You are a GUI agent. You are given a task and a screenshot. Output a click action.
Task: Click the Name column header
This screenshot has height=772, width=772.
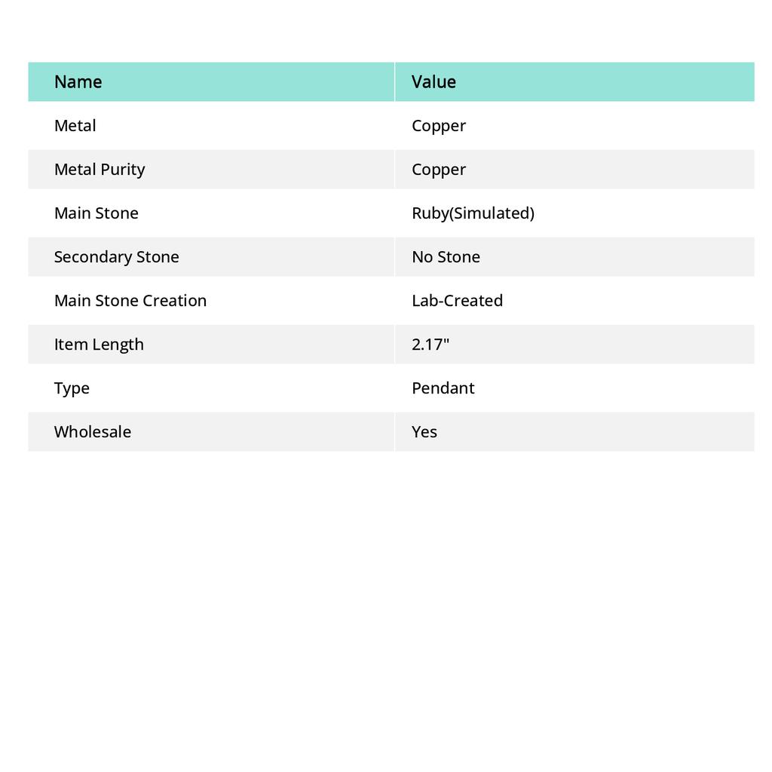click(78, 82)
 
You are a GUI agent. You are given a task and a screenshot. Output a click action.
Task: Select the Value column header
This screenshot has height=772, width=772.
click(433, 82)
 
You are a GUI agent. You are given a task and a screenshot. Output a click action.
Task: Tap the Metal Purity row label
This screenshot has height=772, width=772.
click(99, 170)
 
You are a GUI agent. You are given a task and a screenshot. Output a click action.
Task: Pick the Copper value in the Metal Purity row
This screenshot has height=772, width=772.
click(439, 170)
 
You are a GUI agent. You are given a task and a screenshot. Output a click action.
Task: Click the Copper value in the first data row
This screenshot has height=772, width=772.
click(439, 126)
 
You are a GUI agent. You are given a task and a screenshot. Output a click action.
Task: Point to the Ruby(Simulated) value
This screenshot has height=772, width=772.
click(473, 213)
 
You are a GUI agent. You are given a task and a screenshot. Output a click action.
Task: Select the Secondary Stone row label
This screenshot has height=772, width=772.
click(116, 257)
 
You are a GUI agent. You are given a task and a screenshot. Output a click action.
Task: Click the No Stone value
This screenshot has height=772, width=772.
click(446, 257)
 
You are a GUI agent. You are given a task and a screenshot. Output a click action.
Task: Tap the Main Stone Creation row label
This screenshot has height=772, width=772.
click(130, 301)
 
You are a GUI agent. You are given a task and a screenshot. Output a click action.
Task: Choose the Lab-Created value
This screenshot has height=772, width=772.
click(457, 301)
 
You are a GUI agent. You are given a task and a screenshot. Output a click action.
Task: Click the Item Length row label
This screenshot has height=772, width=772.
click(99, 345)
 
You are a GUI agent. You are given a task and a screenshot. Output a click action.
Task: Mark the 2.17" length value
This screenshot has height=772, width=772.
click(430, 345)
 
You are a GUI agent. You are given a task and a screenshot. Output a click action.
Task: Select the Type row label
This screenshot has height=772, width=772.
click(72, 388)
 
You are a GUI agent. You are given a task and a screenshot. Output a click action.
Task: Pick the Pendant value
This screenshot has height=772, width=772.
click(443, 388)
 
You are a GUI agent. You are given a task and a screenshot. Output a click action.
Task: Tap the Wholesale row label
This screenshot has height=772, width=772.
click(92, 432)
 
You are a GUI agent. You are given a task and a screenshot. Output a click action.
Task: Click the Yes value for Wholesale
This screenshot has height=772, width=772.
click(424, 432)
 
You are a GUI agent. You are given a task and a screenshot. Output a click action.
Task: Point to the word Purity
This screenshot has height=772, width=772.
click(123, 170)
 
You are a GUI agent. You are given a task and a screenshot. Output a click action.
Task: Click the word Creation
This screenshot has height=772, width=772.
click(176, 301)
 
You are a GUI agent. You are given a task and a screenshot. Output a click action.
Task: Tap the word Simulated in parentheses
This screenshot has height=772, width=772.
click(492, 213)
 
